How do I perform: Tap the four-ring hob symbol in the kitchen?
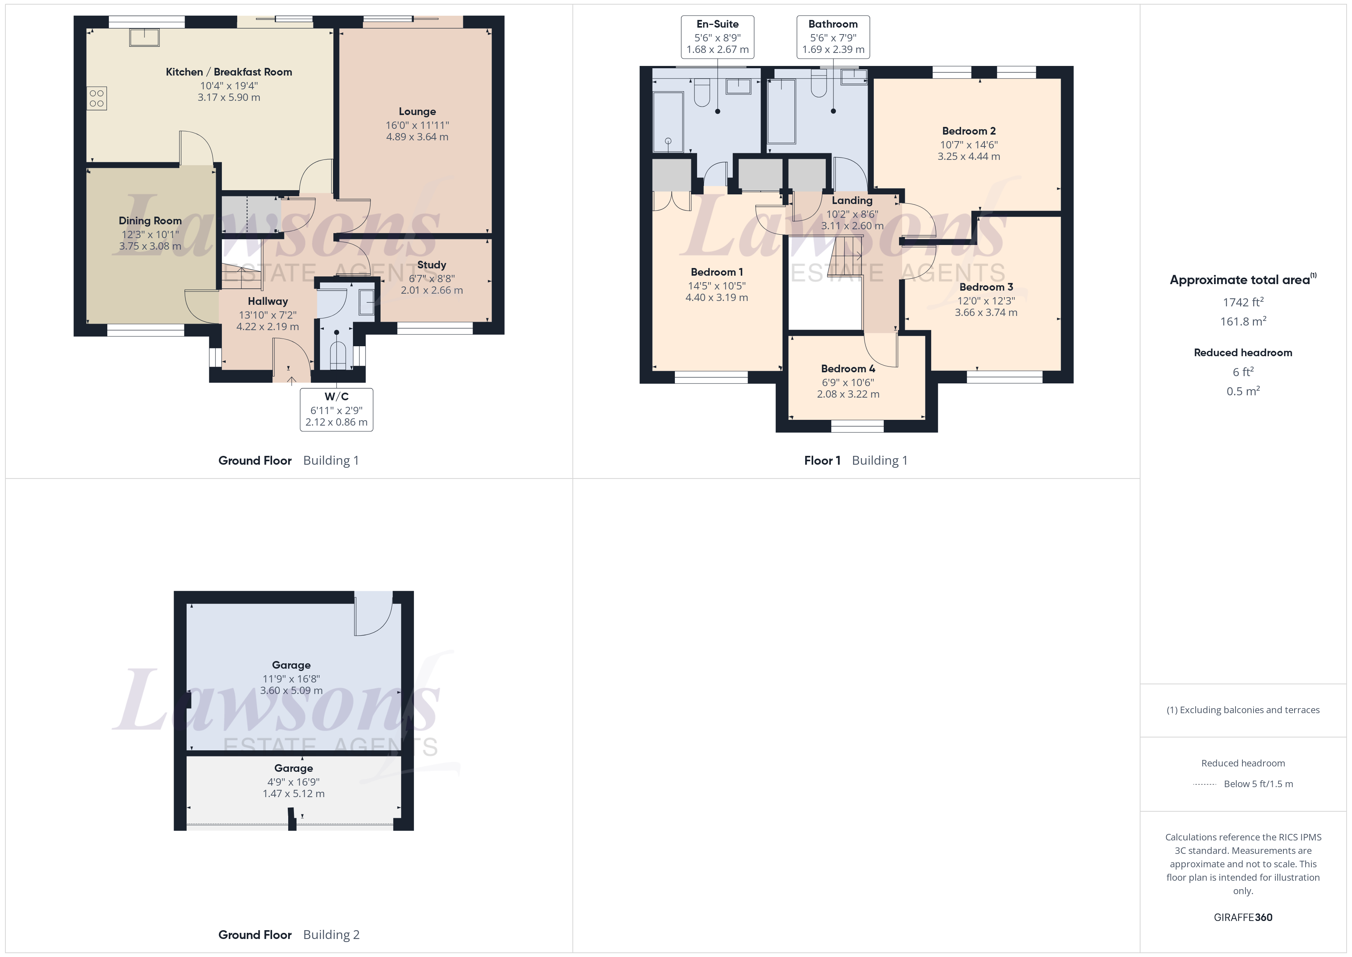97,99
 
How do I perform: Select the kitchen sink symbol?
144,37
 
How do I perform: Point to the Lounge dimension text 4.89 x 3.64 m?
417,137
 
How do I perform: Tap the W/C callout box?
336,409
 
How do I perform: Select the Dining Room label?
150,220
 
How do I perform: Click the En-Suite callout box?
717,36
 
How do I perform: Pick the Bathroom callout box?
833,36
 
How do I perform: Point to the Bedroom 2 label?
969,131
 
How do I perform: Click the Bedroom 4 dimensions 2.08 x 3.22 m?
848,394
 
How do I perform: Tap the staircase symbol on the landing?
846,257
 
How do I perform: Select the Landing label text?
852,201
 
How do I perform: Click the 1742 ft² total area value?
1242,302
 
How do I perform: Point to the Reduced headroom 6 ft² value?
1242,372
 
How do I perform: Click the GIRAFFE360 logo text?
1242,918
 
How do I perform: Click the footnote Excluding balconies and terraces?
1242,710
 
